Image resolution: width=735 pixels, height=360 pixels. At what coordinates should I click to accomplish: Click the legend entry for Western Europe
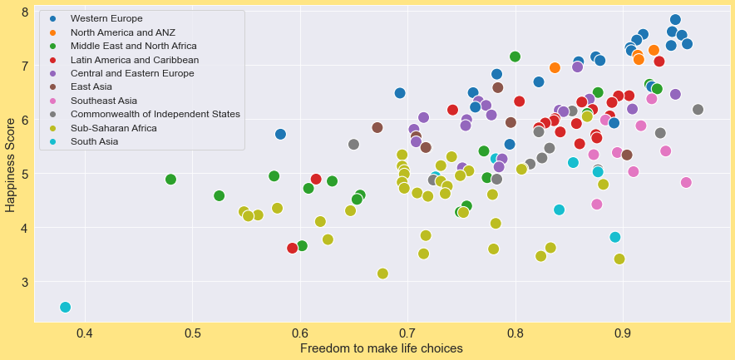point(106,18)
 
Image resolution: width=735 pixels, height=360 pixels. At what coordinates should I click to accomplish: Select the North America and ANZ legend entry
point(122,32)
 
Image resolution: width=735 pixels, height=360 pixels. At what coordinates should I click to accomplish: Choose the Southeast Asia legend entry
point(104,101)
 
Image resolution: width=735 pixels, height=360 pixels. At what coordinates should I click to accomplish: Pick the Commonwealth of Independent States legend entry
point(155,114)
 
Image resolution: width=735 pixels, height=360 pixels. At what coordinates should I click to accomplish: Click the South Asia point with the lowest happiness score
point(65,307)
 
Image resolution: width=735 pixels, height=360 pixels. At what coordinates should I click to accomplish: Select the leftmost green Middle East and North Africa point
point(170,180)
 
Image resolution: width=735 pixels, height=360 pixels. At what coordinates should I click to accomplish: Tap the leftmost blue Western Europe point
point(280,134)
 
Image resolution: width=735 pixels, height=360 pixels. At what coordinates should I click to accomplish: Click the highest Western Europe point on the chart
point(675,20)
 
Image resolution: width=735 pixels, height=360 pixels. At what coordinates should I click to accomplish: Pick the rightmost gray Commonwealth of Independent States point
point(698,110)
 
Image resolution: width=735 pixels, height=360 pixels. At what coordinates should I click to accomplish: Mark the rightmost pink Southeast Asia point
point(686,182)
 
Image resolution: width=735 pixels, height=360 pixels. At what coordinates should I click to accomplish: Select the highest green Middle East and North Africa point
point(515,57)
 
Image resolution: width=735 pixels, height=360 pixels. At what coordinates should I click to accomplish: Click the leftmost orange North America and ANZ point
point(555,67)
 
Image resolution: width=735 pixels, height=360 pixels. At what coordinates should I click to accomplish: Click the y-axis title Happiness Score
point(10,165)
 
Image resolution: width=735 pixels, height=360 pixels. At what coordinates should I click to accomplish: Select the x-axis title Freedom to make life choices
point(381,348)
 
